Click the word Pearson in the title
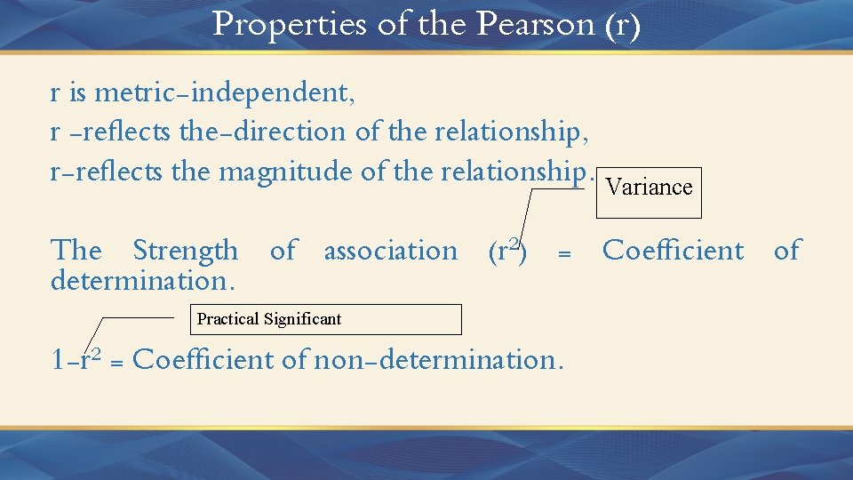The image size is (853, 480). tap(535, 24)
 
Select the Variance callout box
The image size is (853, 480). tap(649, 192)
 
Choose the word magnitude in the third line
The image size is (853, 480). tap(283, 171)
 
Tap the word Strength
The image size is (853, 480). tap(186, 251)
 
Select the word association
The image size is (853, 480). tap(391, 251)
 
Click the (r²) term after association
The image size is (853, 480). tap(508, 251)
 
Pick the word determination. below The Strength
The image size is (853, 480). tap(143, 281)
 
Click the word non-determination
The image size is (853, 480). tap(449, 360)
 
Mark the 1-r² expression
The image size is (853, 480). tap(76, 360)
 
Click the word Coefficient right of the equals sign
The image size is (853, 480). tap(674, 251)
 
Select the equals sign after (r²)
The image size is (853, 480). tap(562, 254)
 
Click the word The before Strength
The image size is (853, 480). tap(76, 251)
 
